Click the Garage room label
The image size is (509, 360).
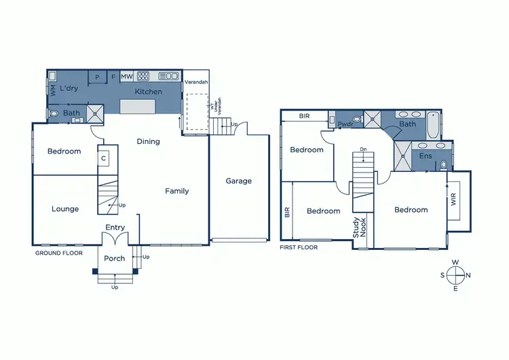(x=238, y=181)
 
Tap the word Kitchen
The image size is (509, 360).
(x=148, y=92)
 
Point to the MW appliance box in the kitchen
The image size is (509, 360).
(x=127, y=77)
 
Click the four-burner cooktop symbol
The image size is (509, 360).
(x=144, y=76)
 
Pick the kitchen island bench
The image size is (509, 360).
(x=137, y=107)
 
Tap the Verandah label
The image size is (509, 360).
(x=196, y=83)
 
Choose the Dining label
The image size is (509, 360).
(x=148, y=142)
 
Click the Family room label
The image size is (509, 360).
(x=176, y=192)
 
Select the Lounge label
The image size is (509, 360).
(x=65, y=209)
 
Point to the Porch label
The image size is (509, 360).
(x=114, y=258)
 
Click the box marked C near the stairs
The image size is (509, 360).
(x=103, y=158)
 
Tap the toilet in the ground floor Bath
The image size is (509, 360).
(x=54, y=114)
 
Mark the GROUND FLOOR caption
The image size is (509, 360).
(x=59, y=253)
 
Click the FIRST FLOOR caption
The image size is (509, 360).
(x=299, y=247)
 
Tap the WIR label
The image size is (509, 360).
(x=453, y=202)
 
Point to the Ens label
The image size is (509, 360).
(x=426, y=156)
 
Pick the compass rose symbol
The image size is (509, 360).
(x=455, y=274)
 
